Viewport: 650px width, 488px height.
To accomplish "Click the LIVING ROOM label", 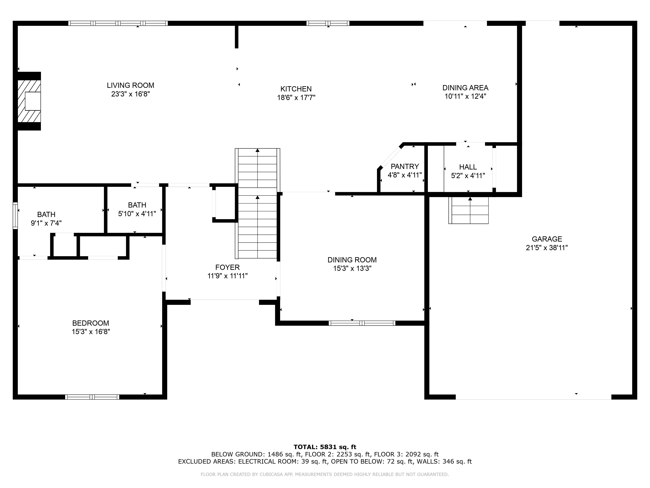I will (130, 85).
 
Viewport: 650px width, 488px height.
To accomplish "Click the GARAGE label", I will (546, 239).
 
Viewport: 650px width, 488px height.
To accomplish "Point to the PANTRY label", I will (405, 167).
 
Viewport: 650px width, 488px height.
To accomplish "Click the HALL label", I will (468, 167).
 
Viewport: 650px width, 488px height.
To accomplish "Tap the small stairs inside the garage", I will (468, 210).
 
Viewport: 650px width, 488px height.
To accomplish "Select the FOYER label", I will (227, 267).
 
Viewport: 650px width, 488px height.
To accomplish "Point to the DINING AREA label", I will (465, 88).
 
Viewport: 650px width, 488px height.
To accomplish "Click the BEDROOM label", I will (91, 323).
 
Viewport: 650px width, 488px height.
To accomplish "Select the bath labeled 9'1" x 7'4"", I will (46, 219).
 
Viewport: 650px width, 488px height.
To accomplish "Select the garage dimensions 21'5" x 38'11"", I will (546, 248).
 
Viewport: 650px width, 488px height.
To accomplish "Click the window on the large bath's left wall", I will (15, 215).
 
